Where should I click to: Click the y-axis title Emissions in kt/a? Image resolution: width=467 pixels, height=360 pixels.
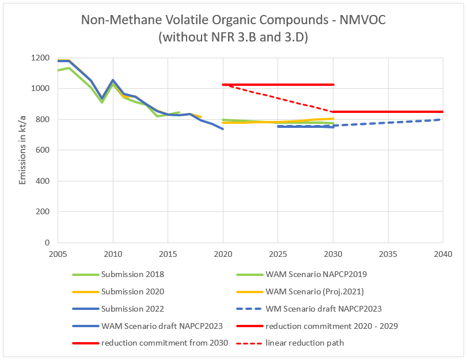[x=22, y=150]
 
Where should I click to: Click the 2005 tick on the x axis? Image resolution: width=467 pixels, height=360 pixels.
[x=58, y=253]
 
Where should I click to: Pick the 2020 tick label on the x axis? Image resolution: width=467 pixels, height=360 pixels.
[x=223, y=253]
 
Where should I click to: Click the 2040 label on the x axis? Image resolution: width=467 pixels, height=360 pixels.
[x=443, y=253]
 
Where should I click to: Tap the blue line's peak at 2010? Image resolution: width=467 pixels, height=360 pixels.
[x=113, y=80]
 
